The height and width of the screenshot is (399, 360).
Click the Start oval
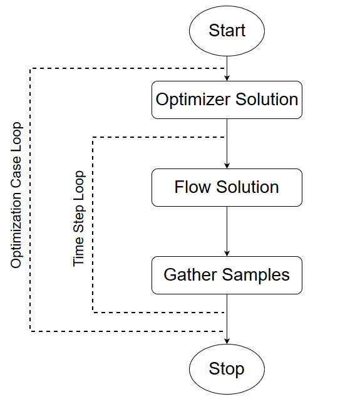click(227, 31)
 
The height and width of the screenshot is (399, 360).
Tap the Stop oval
click(227, 369)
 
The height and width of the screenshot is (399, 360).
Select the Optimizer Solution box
click(227, 100)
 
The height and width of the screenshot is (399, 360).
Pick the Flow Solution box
click(227, 187)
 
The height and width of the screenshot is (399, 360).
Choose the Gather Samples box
click(227, 275)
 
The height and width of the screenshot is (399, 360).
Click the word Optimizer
click(193, 100)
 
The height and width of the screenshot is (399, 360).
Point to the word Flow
click(193, 187)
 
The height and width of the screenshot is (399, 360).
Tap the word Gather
click(190, 275)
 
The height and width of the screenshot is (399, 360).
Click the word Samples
click(256, 276)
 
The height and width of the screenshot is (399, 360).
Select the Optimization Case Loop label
click(16, 195)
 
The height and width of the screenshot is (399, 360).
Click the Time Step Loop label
click(79, 219)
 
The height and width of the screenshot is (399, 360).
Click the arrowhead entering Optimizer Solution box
click(227, 78)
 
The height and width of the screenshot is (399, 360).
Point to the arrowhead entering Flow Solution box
click(227, 165)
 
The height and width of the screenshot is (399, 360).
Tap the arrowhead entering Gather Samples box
click(227, 254)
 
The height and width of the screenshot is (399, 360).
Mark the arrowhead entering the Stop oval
click(227, 341)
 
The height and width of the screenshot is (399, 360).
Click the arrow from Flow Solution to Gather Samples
click(227, 231)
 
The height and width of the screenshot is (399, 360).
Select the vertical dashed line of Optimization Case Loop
click(30, 200)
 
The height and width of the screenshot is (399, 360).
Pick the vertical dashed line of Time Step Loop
click(93, 225)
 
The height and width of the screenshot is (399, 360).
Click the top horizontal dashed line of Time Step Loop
click(158, 137)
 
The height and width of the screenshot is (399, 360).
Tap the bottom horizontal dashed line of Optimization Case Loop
click(127, 331)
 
